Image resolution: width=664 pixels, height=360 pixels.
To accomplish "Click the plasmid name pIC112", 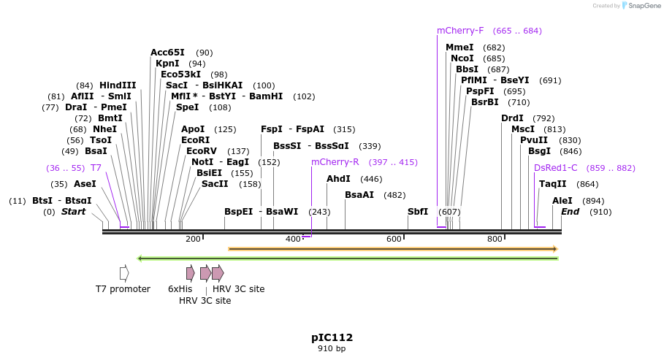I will pyautogui.click(x=332, y=337).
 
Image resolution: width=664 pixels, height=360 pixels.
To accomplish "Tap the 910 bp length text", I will pyautogui.click(x=332, y=349).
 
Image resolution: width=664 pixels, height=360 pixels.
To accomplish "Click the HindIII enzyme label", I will pyautogui.click(x=118, y=85).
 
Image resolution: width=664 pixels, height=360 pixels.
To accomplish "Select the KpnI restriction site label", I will pyautogui.click(x=167, y=64).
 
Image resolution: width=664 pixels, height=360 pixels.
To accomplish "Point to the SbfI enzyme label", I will pyautogui.click(x=418, y=212).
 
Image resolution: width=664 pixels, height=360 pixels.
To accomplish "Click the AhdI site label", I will pyautogui.click(x=338, y=179).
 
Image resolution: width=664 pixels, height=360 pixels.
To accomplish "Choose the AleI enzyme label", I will pyautogui.click(x=562, y=201).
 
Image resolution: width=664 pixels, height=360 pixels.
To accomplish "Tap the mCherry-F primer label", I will pyautogui.click(x=460, y=31).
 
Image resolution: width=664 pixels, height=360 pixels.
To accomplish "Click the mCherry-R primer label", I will pyautogui.click(x=335, y=162).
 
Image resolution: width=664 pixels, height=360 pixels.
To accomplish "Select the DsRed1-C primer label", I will pyautogui.click(x=555, y=168).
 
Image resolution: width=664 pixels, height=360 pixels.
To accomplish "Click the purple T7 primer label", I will pyautogui.click(x=96, y=168).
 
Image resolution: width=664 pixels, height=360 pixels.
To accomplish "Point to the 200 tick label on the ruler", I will pyautogui.click(x=193, y=240).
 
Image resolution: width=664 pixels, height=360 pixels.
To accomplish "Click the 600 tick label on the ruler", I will pyautogui.click(x=394, y=240).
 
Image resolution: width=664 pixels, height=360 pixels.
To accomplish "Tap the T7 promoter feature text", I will pyautogui.click(x=123, y=289).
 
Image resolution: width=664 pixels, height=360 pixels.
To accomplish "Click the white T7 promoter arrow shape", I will pyautogui.click(x=124, y=273).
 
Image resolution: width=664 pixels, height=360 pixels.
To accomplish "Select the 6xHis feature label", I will pyautogui.click(x=180, y=289).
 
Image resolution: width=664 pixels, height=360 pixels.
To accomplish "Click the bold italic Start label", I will pyautogui.click(x=73, y=212).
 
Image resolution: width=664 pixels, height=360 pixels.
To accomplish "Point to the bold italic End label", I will pyautogui.click(x=570, y=212).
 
